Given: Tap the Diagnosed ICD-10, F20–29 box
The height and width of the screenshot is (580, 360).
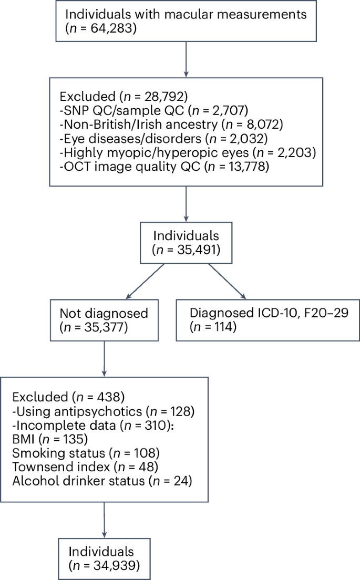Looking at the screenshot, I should click(268, 320).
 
